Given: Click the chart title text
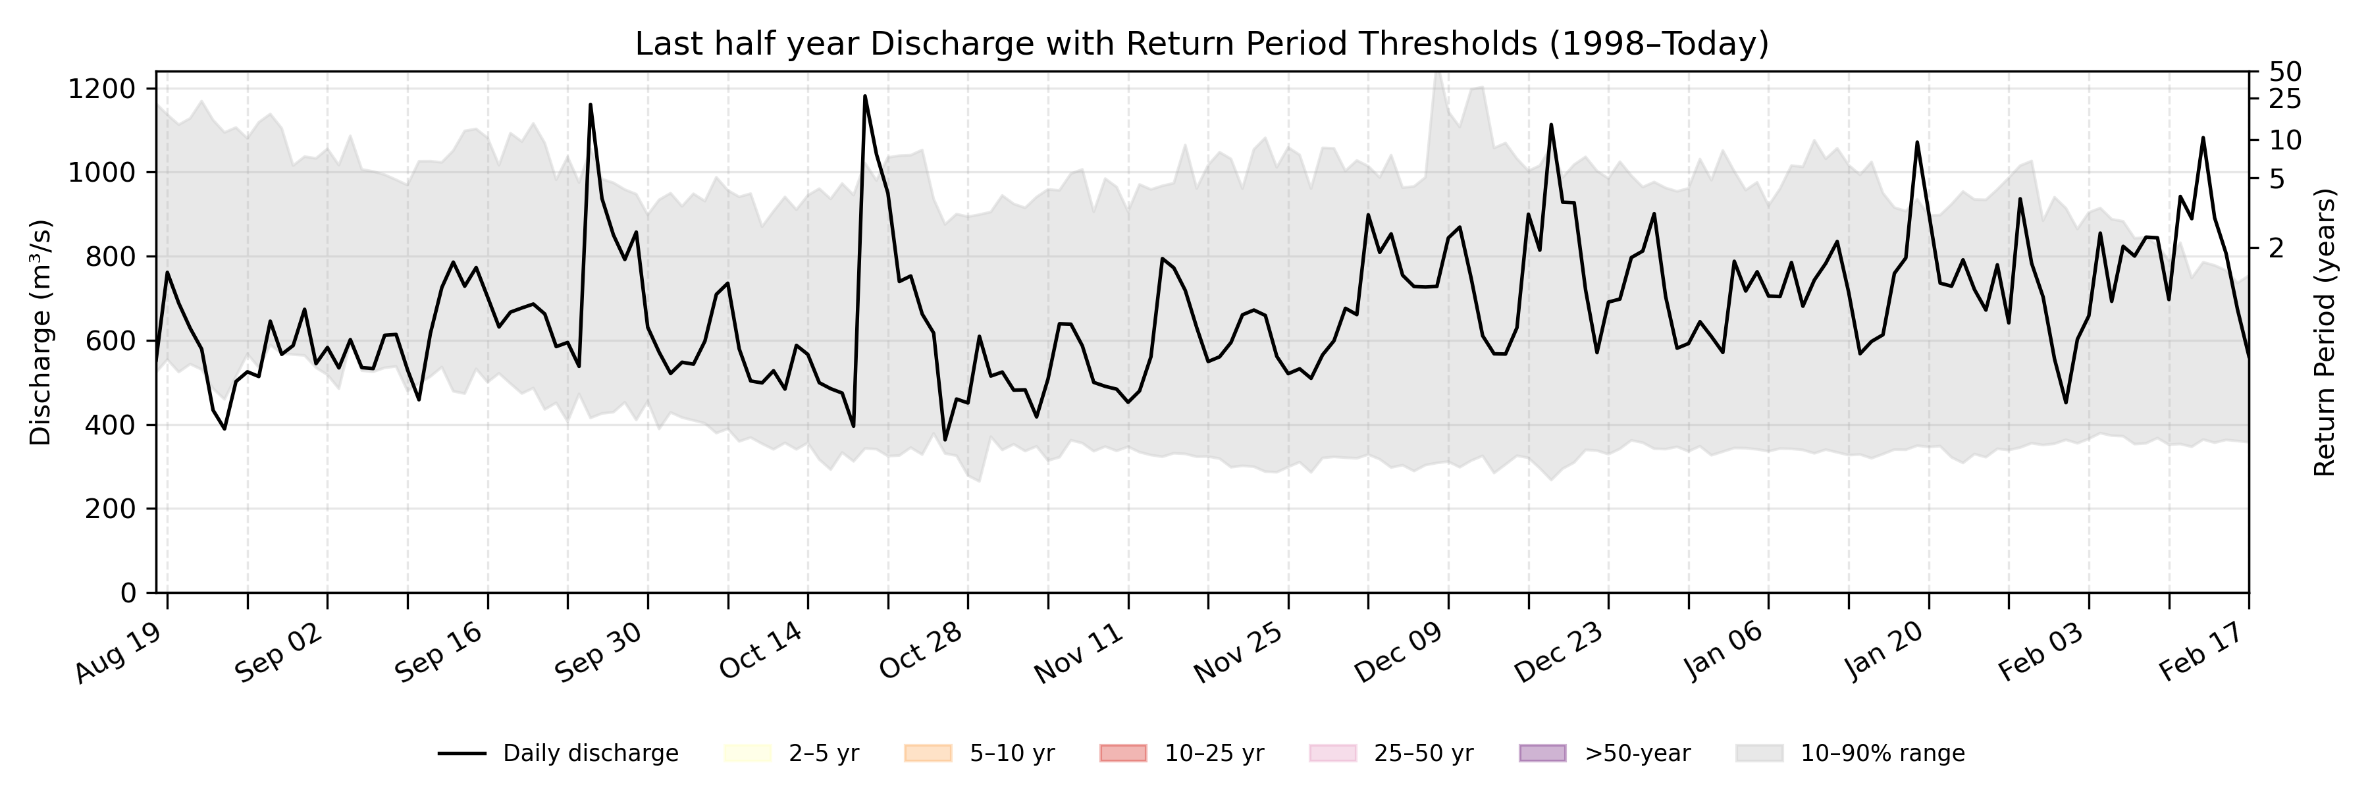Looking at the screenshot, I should [x=1201, y=43].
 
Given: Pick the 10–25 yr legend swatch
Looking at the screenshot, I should [x=1122, y=753].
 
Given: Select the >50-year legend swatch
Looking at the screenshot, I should [x=1542, y=753].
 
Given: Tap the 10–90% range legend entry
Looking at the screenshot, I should [x=1849, y=753].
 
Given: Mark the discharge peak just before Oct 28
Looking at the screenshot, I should [x=865, y=95].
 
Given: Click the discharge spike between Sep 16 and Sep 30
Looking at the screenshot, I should [x=591, y=105].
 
